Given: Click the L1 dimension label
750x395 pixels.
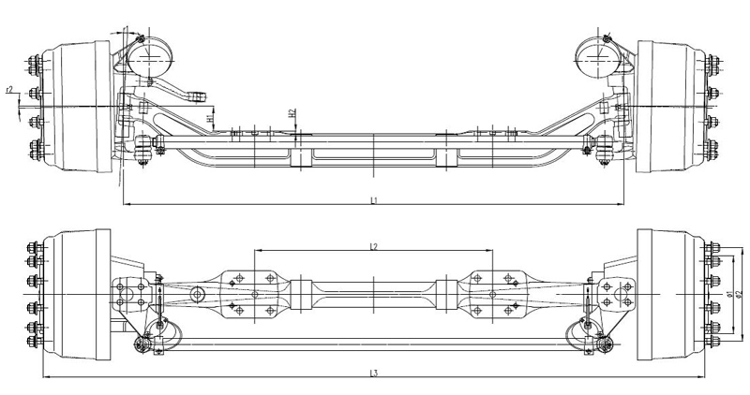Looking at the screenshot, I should click(373, 199).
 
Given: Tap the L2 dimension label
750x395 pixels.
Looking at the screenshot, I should click(373, 246).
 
